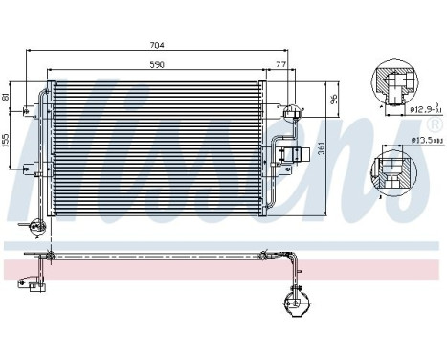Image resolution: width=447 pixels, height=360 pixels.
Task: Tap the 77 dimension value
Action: tap(281, 65)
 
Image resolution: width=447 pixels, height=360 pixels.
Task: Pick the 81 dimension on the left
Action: tap(7, 98)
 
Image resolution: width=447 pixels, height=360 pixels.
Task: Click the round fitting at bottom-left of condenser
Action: tap(36, 227)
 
